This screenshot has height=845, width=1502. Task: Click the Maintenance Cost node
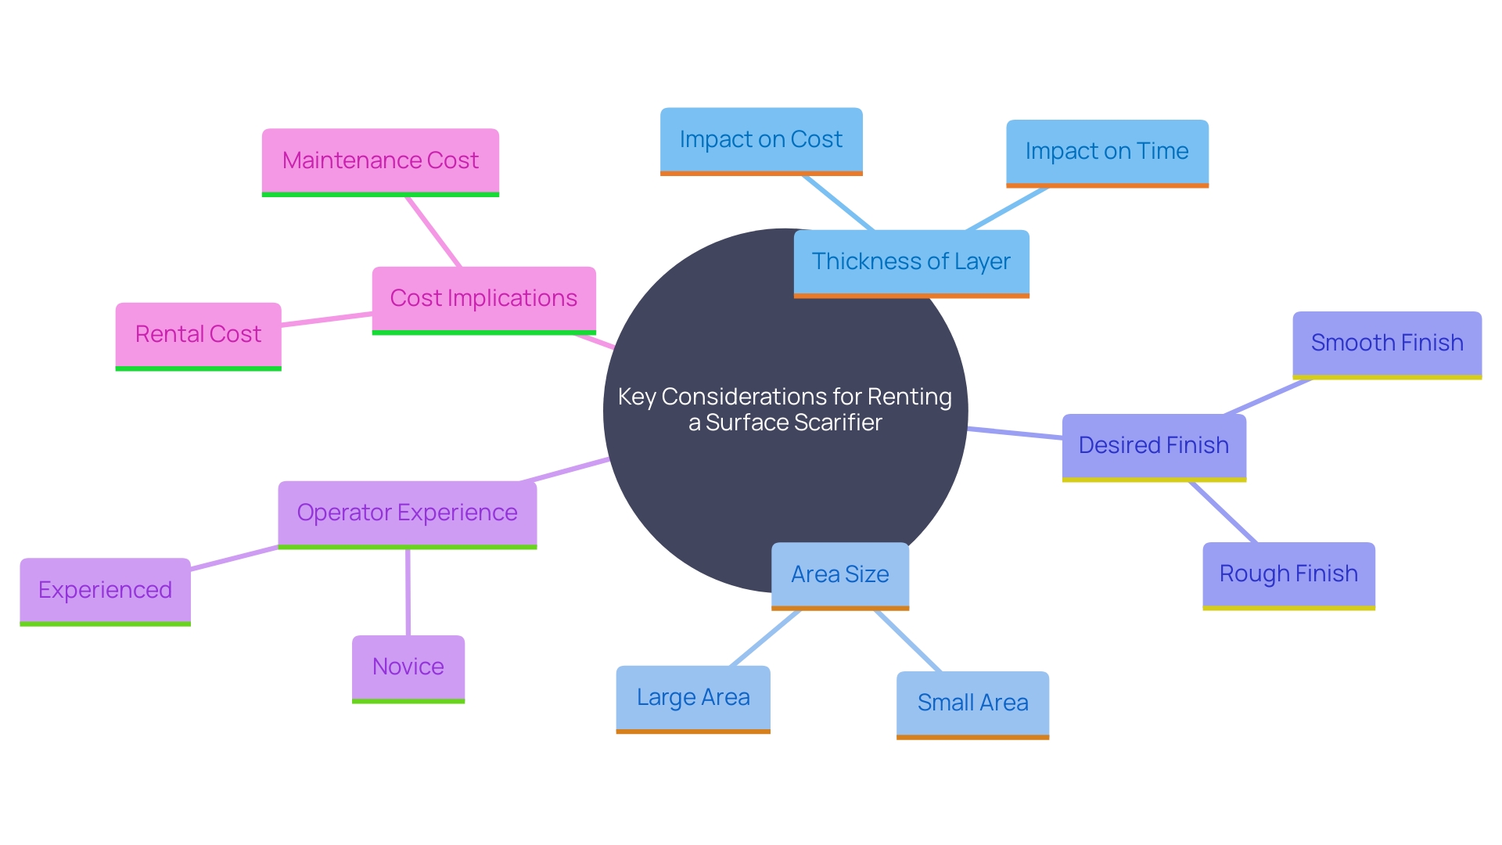pyautogui.click(x=380, y=161)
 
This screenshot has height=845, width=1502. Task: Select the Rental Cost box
pyautogui.click(x=198, y=335)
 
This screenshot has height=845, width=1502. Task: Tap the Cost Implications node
pyautogui.click(x=483, y=299)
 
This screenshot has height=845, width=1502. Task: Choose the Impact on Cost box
pyautogui.click(x=761, y=140)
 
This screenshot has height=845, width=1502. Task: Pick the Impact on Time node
pyautogui.click(x=1107, y=152)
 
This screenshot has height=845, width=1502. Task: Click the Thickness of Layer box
pyautogui.click(x=911, y=262)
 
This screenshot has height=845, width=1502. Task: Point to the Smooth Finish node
pyautogui.click(x=1387, y=343)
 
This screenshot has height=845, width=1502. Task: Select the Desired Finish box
pyautogui.click(x=1154, y=446)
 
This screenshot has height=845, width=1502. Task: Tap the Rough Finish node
pyautogui.click(x=1288, y=574)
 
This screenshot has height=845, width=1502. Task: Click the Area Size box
pyautogui.click(x=840, y=575)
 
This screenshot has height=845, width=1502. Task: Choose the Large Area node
pyautogui.click(x=693, y=698)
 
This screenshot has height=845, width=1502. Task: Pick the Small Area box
pyautogui.click(x=972, y=703)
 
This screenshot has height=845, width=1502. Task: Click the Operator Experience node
pyautogui.click(x=407, y=513)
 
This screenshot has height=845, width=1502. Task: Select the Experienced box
pyautogui.click(x=105, y=591)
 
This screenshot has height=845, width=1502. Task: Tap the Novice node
pyautogui.click(x=408, y=667)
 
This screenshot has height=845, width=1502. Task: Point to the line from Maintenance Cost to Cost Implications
pyautogui.click(x=433, y=232)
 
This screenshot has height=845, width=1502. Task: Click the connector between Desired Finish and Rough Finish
pyautogui.click(x=1223, y=512)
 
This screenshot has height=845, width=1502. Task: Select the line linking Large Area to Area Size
pyautogui.click(x=765, y=638)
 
